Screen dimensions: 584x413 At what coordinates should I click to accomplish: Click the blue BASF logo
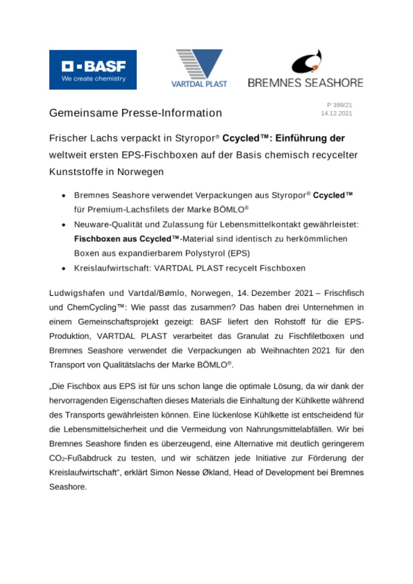(93, 69)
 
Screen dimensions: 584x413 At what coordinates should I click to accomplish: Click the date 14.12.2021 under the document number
(337, 114)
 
